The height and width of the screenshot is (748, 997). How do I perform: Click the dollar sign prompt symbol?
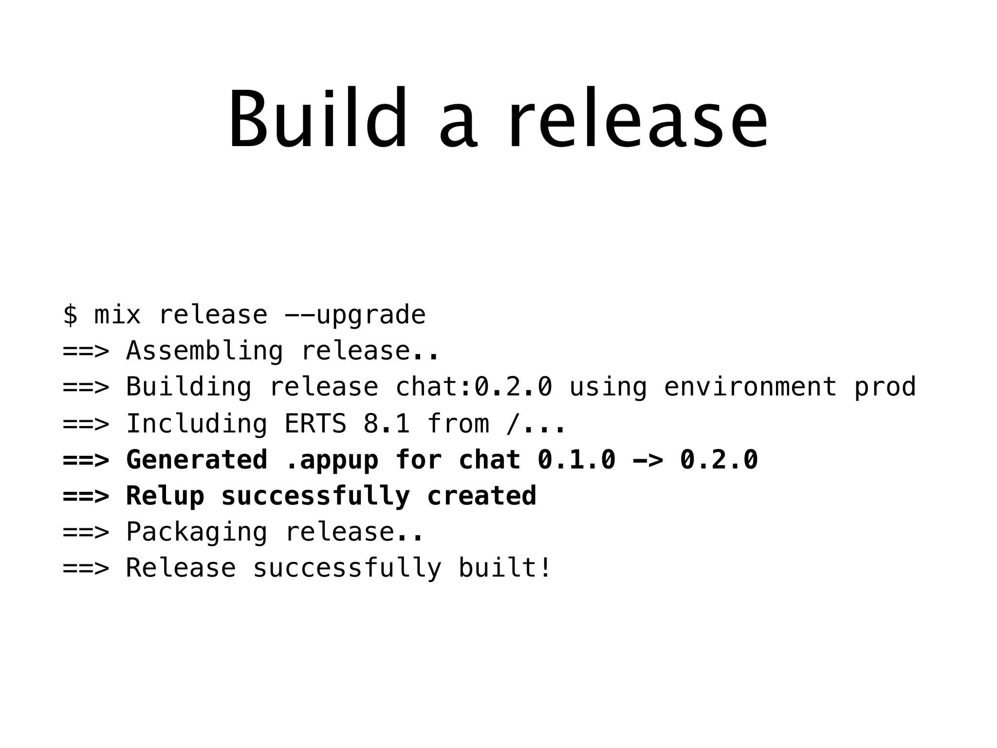click(70, 315)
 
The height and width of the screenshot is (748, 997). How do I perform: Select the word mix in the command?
click(117, 315)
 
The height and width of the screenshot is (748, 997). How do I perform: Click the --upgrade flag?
click(355, 315)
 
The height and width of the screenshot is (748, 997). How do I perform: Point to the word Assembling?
click(204, 351)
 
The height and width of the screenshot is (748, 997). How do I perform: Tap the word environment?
click(750, 387)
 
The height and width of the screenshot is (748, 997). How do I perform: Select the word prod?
click(885, 387)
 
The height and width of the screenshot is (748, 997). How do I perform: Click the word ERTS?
click(315, 423)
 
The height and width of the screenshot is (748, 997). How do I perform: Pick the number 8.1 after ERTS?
click(387, 423)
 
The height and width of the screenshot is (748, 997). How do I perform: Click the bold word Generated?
click(197, 460)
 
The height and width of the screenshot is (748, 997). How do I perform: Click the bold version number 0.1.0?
click(576, 460)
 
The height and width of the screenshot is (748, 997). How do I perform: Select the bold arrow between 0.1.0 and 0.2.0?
click(647, 460)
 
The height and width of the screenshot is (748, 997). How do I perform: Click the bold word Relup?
click(165, 496)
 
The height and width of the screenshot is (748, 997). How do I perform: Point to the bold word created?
click(481, 496)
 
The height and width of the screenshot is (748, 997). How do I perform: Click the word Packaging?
click(197, 532)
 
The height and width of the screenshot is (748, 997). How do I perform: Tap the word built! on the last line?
click(505, 568)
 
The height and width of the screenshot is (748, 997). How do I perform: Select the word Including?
click(197, 423)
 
